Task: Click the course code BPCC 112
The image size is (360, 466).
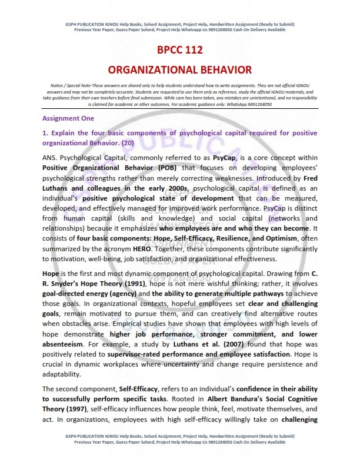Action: click(180, 50)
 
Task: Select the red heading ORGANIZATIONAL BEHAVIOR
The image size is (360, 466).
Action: click(180, 69)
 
